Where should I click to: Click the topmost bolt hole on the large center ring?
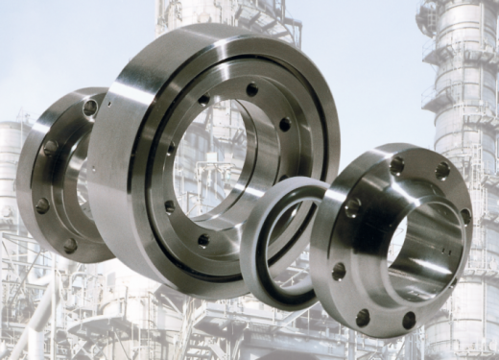coord(251,89)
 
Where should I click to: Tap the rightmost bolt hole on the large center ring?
coord(285,124)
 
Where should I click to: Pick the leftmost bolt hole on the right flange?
coord(339,271)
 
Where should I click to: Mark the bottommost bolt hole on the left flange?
coord(71,246)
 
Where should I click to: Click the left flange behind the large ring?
coord(62,173)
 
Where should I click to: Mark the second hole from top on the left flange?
coord(50,149)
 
